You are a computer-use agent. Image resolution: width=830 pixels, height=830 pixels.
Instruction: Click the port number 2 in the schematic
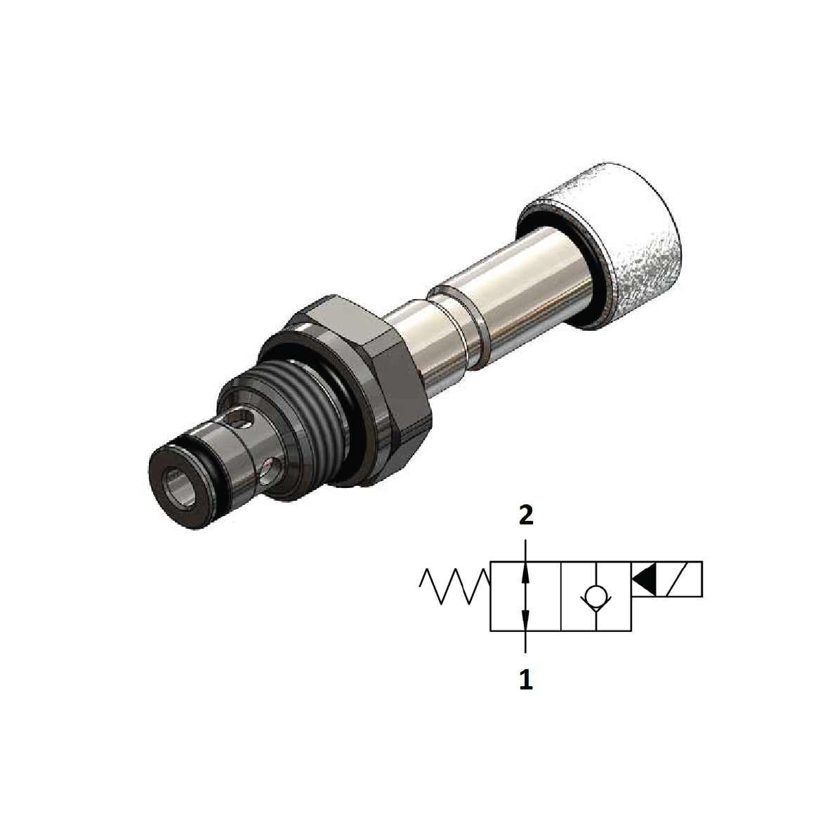[x=526, y=516]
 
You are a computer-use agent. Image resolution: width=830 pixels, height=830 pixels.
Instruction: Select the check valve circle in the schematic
[x=595, y=598]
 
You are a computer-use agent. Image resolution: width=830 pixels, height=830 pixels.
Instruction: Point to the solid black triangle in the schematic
[x=644, y=579]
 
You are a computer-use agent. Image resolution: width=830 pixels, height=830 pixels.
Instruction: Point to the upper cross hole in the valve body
[x=242, y=421]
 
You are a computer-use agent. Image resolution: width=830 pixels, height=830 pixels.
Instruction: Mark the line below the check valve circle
[x=595, y=621]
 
